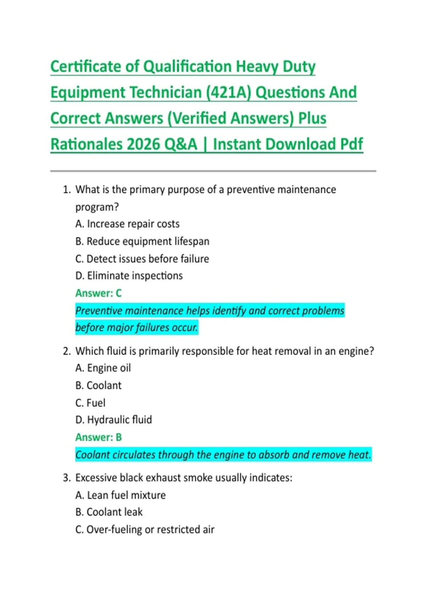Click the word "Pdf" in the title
coord(351,145)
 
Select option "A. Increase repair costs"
coord(127,224)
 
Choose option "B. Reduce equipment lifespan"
coord(142,241)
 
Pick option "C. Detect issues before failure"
coord(142,259)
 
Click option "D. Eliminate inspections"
coord(129,276)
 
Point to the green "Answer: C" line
coord(98,293)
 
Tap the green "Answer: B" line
coord(98,437)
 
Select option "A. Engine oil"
coord(103,368)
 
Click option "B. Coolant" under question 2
coord(98,385)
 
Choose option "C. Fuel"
coord(90,403)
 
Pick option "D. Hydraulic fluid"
coord(114,420)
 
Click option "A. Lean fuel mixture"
coord(120,495)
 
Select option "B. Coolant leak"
coord(109,512)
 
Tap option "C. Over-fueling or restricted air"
coord(145,529)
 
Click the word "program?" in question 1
coord(97,207)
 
